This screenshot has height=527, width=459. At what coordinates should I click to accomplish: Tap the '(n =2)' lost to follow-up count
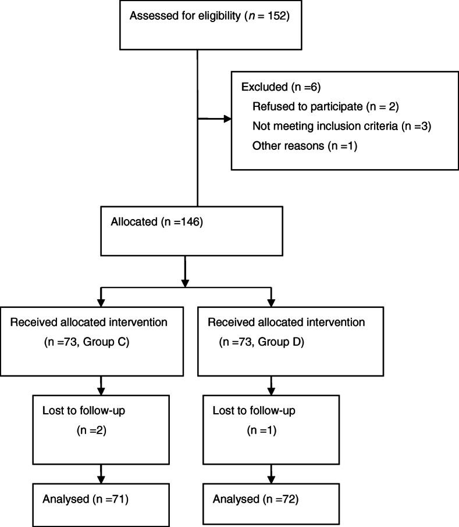coord(88,431)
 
